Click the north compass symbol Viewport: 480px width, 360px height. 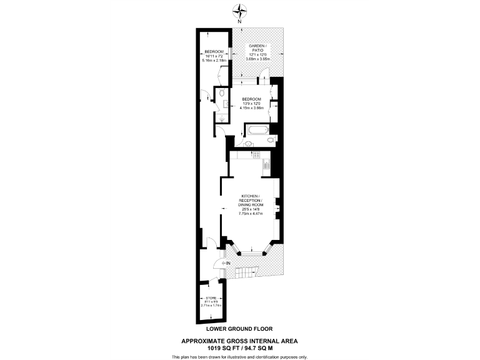(240, 11)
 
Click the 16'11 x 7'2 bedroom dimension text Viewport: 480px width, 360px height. (214, 56)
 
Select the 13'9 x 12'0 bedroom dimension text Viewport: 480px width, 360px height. (251, 103)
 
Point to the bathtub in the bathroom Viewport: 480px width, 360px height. (258, 131)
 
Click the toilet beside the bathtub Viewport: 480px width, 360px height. (269, 141)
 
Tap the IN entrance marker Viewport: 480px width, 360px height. (227, 263)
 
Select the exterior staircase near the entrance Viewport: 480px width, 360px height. (250, 271)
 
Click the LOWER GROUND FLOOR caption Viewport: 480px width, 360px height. (239, 328)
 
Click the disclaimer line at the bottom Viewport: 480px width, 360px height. (239, 356)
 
